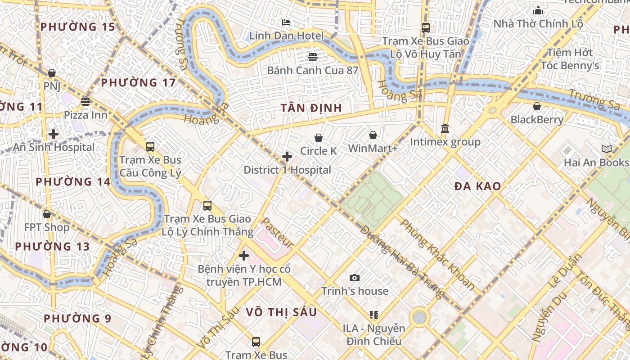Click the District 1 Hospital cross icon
pos(287,157)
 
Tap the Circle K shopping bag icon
pos(319,138)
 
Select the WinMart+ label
pos(373,148)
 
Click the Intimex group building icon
pos(445,129)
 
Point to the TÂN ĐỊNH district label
pos(311,108)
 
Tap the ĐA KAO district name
pos(477,186)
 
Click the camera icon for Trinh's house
pos(355,278)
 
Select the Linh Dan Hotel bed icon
pos(286,22)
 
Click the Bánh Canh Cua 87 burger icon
pos(313,57)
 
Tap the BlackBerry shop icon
pos(536,106)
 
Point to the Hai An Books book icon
pos(606,149)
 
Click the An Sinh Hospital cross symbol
pos(54,134)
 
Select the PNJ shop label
pos(52,86)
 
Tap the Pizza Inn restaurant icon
pos(85,101)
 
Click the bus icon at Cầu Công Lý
pos(150,146)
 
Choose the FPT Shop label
pos(47,227)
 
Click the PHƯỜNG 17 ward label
pos(138,83)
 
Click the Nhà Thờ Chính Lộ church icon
pos(538,10)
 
